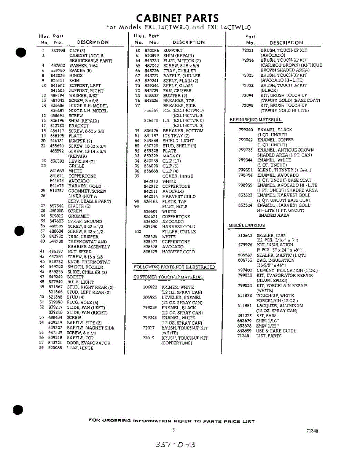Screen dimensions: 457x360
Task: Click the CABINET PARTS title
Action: [x=177, y=18]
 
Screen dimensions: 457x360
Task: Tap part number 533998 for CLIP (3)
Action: [x=58, y=50]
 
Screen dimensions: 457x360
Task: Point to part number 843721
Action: [x=56, y=343]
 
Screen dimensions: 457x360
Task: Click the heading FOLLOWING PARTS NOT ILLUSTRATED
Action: [x=175, y=267]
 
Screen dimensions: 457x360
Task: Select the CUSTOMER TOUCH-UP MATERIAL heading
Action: [x=168, y=277]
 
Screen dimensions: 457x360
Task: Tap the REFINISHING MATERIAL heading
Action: [x=255, y=120]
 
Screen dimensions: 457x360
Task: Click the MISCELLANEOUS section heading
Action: [x=247, y=225]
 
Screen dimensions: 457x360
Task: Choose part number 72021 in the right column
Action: [x=247, y=50]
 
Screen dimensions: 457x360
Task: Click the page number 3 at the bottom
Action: [x=174, y=430]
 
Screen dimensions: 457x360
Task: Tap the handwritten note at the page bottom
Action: [x=175, y=444]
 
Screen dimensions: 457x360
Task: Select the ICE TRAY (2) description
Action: [x=176, y=136]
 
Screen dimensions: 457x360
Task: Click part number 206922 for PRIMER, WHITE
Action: [x=150, y=287]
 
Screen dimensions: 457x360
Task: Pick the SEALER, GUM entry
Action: [x=270, y=235]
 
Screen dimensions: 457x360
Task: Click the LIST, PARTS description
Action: [x=269, y=336]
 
